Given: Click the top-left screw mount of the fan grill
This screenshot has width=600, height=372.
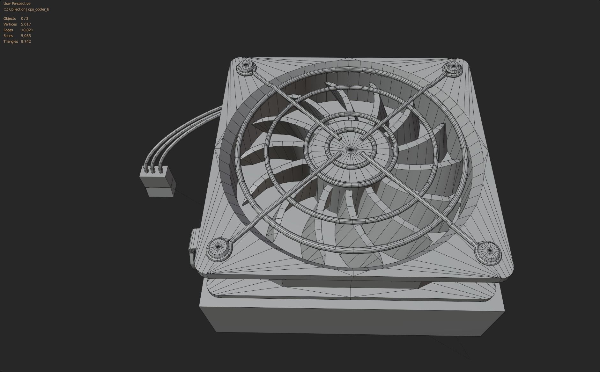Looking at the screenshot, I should coord(246,67).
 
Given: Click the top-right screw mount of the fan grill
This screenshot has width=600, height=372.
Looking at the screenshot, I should coord(453,68).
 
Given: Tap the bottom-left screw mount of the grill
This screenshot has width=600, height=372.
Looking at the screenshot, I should coord(218,247).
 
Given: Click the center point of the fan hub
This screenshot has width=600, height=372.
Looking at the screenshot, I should coord(351,149).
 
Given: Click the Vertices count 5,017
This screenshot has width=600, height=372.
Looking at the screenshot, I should coord(26,24).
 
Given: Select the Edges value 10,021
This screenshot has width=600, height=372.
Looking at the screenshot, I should coord(27,30).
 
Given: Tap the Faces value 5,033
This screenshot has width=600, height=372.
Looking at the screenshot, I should coord(26,36).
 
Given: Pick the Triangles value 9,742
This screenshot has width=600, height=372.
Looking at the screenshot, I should coord(26,41).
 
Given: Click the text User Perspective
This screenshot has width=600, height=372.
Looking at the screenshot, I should coord(17,4).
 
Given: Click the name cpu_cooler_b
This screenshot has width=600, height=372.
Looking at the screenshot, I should coord(39,9).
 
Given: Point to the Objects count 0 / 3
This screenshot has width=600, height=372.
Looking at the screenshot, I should coord(25,18).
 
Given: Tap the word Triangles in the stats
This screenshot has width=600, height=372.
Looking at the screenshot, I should coord(11,41).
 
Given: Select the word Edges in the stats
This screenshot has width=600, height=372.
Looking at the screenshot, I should coord(8,30).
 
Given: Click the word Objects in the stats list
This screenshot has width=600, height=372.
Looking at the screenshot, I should coord(10,18).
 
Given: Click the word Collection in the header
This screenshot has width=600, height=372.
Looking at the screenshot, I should coord(17,9).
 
